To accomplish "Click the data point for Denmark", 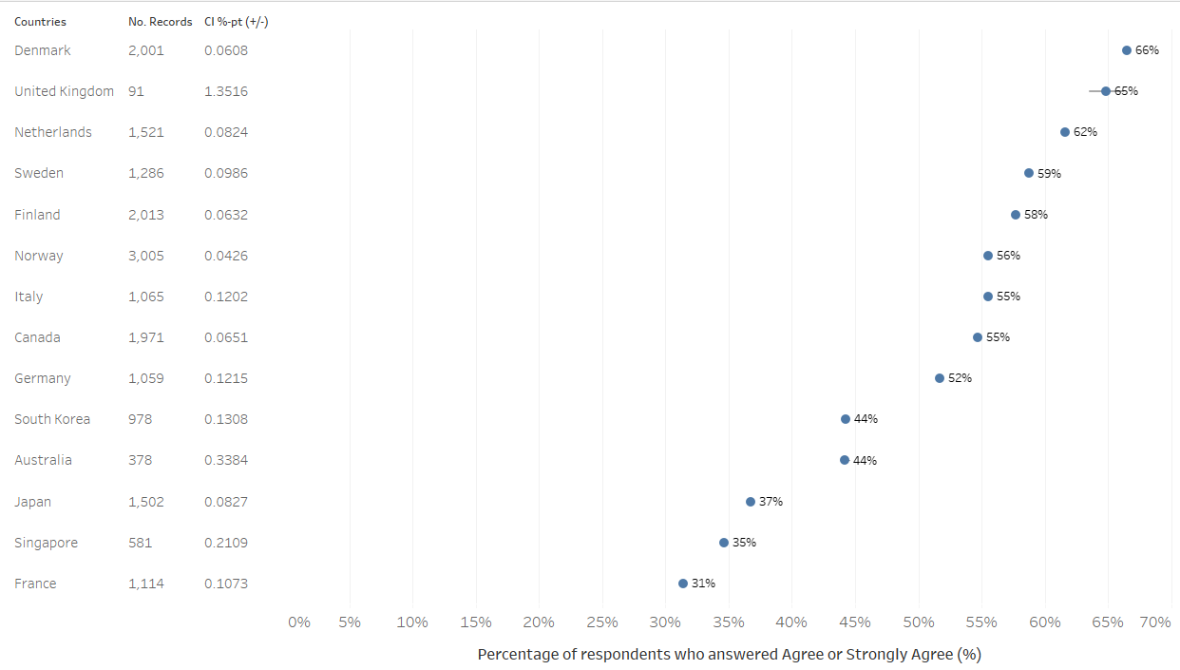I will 1127,50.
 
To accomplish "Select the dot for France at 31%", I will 683,584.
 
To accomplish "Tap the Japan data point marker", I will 751,502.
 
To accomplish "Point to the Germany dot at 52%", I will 940,378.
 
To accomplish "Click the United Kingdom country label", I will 64,91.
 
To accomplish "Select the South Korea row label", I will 52,419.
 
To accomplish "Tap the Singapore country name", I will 46,543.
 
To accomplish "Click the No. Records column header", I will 160,21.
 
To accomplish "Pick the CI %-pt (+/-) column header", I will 236,21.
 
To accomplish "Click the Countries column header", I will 40,21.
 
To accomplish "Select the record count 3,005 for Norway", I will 146,256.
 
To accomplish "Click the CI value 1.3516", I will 226,91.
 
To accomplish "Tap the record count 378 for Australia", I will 140,460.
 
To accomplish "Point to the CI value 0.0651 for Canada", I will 226,337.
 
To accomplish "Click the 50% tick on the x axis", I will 919,622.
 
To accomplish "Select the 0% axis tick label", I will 298,622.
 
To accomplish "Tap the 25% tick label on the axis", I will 602,622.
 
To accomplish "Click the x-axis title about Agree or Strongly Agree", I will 729,654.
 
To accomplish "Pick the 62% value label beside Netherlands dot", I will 1085,132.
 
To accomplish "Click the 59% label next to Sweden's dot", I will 1049,174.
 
